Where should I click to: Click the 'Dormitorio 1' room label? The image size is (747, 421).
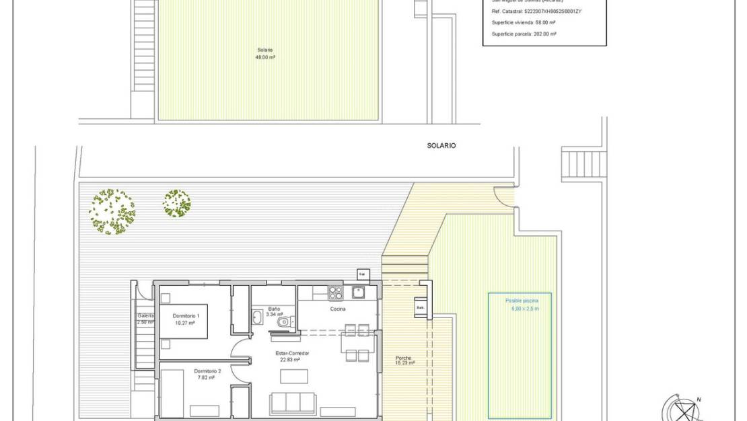186,315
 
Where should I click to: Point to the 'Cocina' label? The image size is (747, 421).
338,309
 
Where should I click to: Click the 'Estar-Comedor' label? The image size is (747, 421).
291,353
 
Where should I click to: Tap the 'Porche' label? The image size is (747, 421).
404,358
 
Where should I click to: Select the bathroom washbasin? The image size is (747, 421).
258,317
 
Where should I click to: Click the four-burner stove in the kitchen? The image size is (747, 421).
335,293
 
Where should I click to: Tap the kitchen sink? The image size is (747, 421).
358,293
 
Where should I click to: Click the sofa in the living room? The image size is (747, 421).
293,403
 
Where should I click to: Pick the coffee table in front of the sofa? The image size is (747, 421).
293,376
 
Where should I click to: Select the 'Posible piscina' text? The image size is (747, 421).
522,301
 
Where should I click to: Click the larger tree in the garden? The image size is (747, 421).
112,211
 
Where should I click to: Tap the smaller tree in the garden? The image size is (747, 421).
176,203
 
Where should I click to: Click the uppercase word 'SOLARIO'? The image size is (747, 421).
441,145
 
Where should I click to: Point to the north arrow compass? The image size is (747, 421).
684,408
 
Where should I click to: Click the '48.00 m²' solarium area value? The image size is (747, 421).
264,57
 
